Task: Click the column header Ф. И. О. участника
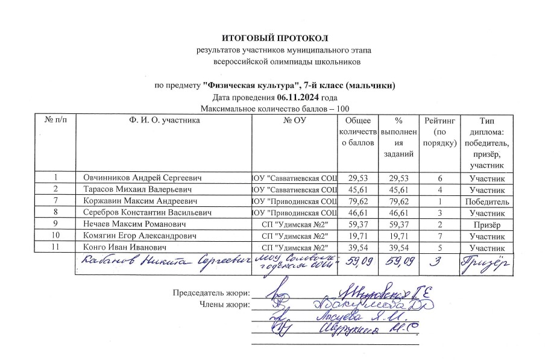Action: pyautogui.click(x=160, y=121)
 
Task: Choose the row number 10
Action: pyautogui.click(x=55, y=236)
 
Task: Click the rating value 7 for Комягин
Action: pyautogui.click(x=441, y=236)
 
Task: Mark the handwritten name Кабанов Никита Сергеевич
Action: pyautogui.click(x=162, y=262)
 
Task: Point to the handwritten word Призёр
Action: pyautogui.click(x=487, y=262)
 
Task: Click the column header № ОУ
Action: pyautogui.click(x=294, y=121)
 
